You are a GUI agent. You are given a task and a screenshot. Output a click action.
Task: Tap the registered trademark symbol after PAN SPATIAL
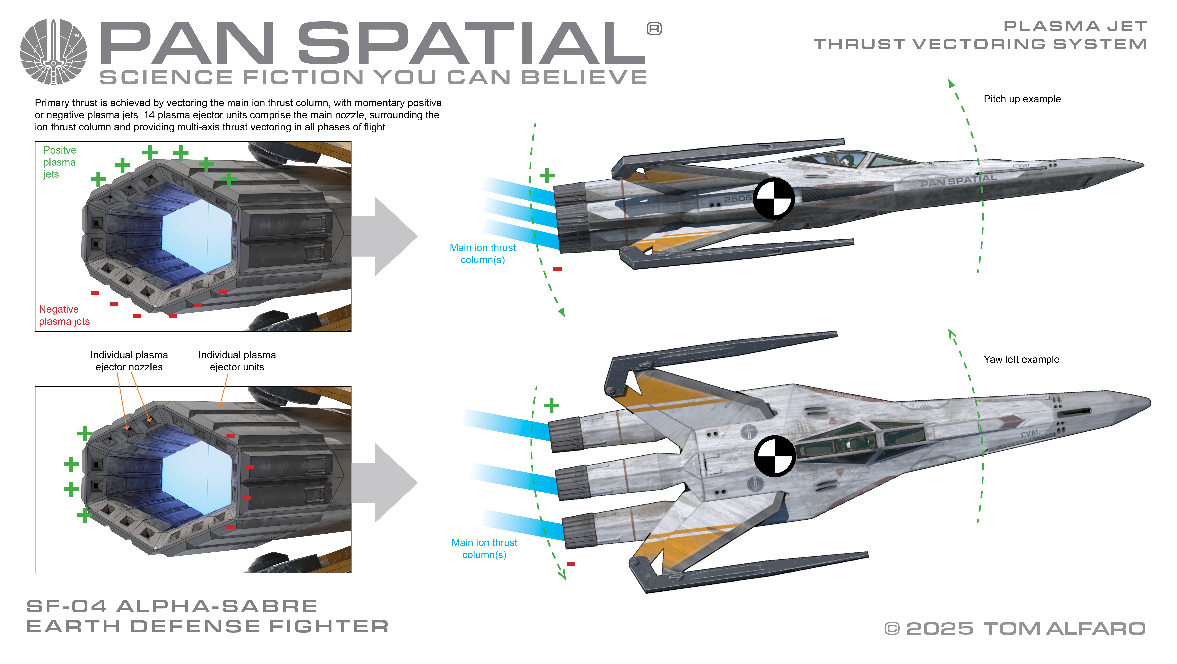pos(654,29)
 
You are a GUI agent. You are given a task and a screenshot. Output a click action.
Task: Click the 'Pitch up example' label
pos(1022,99)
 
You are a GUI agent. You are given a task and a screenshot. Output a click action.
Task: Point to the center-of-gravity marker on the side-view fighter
pos(774,198)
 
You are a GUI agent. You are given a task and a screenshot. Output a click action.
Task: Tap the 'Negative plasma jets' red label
pos(64,315)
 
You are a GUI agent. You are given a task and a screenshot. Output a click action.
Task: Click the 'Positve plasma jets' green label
pos(59,162)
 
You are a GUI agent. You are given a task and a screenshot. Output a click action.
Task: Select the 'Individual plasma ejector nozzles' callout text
pos(129,361)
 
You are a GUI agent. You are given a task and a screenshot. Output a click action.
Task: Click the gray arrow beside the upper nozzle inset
pos(386,236)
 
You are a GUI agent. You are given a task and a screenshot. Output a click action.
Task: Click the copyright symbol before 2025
pos(892,629)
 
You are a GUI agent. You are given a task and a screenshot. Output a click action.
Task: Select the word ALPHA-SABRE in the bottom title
pos(217,606)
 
